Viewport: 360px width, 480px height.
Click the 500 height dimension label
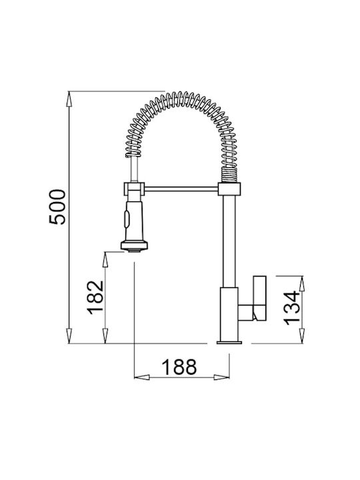click(57, 207)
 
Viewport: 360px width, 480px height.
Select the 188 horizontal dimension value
click(179, 367)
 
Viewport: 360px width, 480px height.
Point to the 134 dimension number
click(291, 307)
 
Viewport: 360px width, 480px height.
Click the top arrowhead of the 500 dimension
click(69, 99)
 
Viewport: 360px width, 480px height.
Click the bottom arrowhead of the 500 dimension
click(69, 336)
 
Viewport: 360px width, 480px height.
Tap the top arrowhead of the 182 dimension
click(105, 259)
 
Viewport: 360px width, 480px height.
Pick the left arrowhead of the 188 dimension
click(142, 377)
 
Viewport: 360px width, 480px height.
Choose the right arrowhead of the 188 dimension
click(221, 377)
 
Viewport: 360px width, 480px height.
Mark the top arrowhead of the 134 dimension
click(302, 284)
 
